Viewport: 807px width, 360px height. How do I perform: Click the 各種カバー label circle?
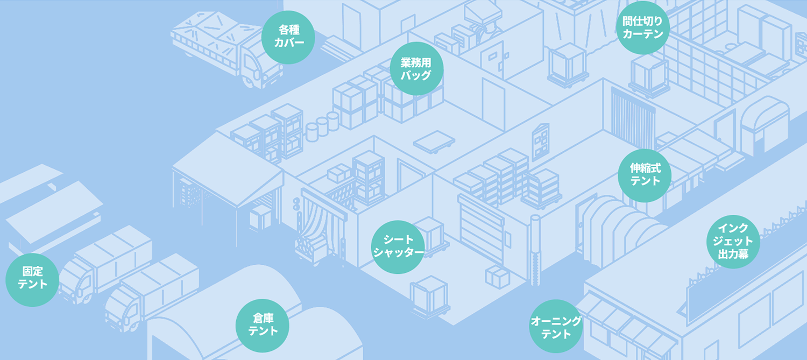point(288,37)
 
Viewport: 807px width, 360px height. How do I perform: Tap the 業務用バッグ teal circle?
point(416,68)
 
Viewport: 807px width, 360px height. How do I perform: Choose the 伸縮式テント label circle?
point(645,175)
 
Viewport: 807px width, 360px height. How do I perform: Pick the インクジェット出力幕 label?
point(733,242)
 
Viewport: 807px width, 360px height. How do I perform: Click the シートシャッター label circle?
point(399,247)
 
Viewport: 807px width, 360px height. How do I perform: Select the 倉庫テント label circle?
point(263,325)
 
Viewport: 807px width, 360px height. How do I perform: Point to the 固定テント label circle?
point(32,279)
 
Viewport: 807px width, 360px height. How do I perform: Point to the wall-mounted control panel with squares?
point(540,141)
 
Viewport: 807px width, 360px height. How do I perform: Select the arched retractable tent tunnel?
point(619,226)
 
